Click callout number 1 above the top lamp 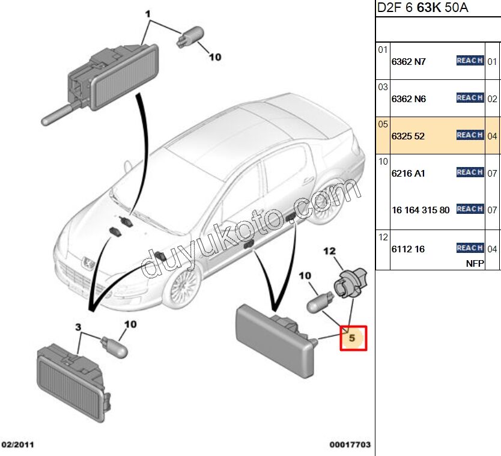148,13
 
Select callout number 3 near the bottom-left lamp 77,327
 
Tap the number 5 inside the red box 353,338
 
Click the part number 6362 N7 408,61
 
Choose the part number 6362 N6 408,99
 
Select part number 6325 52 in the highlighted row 408,136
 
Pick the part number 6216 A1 408,174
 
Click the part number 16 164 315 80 420,210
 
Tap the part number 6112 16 408,249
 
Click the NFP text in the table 475,263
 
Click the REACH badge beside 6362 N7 470,61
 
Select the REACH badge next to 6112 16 470,248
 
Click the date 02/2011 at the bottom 19,445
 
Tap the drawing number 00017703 350,445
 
